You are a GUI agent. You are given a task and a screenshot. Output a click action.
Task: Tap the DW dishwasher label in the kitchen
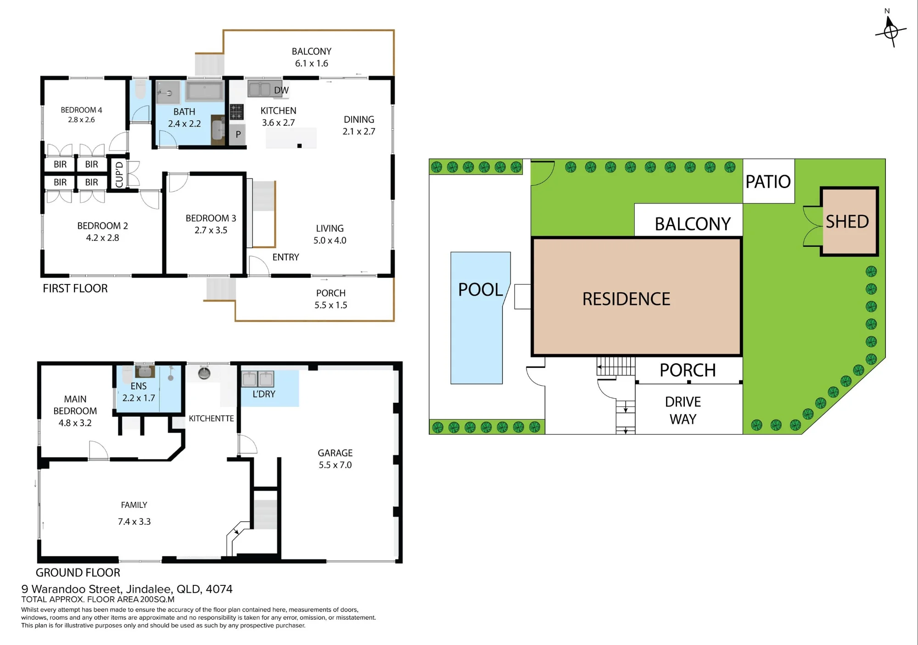click(x=281, y=90)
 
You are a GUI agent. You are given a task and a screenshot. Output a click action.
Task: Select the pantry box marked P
click(x=238, y=135)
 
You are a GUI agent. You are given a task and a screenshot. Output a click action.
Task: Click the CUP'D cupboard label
click(x=119, y=174)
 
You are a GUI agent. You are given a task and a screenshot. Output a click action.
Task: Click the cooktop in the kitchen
click(x=236, y=111)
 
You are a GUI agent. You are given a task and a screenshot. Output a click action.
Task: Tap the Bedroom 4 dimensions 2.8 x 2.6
click(x=81, y=120)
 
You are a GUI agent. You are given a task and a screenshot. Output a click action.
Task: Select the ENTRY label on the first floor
click(x=285, y=257)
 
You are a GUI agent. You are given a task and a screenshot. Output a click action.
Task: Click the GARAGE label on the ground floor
click(x=335, y=453)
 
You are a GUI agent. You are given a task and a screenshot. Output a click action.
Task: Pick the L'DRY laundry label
click(x=264, y=394)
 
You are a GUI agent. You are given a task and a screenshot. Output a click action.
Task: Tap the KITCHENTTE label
click(x=211, y=418)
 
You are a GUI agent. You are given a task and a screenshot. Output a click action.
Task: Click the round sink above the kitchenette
click(x=204, y=373)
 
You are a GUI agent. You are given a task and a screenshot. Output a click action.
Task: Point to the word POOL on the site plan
click(x=481, y=289)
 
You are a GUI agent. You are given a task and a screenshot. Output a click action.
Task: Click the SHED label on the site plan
click(x=847, y=222)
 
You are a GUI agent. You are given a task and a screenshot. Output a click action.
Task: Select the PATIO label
click(x=768, y=182)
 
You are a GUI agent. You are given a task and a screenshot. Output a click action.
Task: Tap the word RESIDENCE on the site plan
click(x=626, y=299)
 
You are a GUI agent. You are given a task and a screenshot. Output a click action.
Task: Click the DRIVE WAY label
click(x=683, y=411)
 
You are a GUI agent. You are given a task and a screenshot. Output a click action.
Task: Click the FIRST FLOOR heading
click(x=75, y=289)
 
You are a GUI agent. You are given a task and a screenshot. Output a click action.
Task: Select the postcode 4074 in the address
click(x=219, y=589)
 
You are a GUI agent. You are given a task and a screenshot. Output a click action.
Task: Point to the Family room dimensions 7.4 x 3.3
click(x=134, y=522)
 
